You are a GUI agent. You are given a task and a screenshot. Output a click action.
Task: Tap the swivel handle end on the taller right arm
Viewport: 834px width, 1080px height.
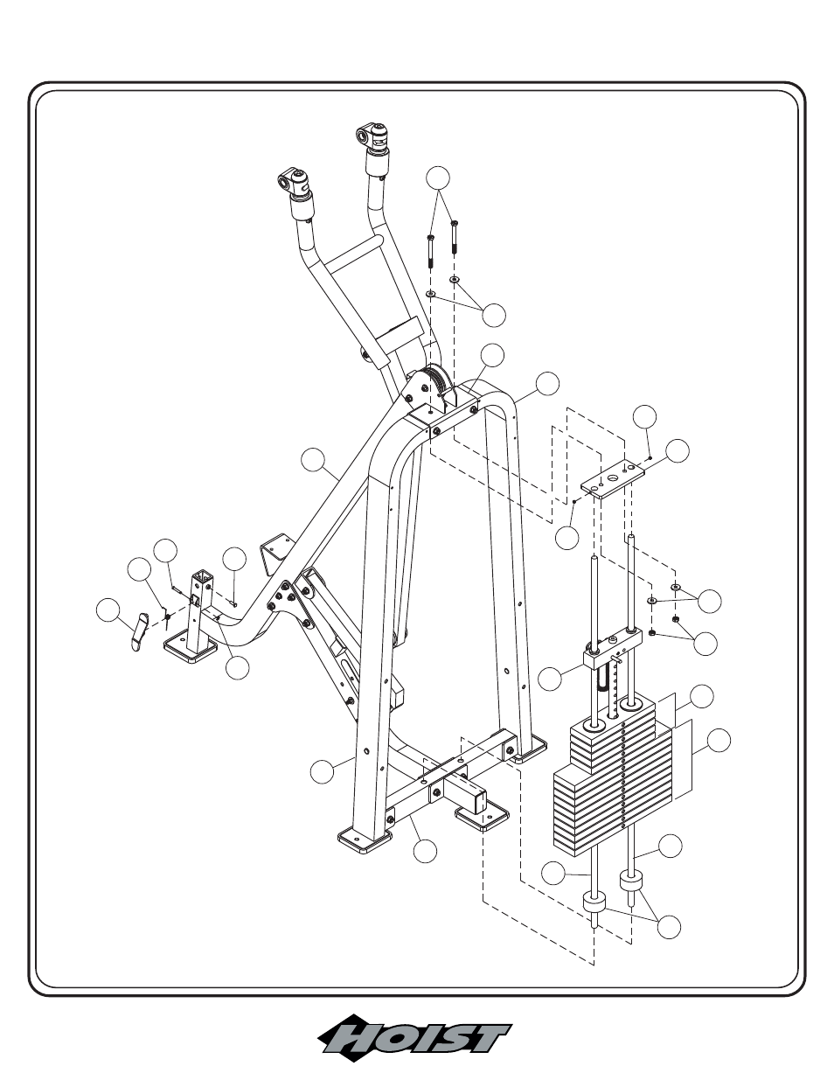(372, 136)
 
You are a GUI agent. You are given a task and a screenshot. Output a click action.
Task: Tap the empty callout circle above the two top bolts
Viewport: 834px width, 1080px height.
(438, 178)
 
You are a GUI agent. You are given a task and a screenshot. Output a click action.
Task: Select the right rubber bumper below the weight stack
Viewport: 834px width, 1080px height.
(631, 881)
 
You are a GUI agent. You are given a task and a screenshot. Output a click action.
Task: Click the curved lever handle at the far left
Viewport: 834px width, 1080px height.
(139, 631)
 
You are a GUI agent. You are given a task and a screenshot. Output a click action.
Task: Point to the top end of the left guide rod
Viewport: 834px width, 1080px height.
(594, 558)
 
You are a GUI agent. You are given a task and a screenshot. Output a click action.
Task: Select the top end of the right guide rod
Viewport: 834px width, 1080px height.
(631, 537)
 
